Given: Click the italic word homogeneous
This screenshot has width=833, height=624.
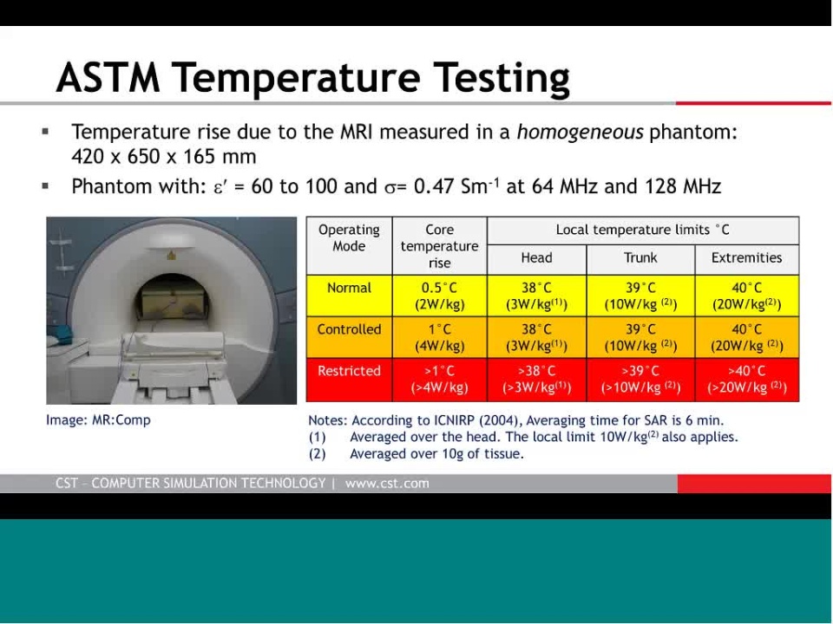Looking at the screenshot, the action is pyautogui.click(x=580, y=132).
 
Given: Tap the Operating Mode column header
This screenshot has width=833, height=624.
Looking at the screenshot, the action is pyautogui.click(x=349, y=237).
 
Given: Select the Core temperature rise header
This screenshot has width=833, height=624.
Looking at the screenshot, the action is pyautogui.click(x=439, y=246).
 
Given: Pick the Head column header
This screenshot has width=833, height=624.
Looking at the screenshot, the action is pyautogui.click(x=536, y=258).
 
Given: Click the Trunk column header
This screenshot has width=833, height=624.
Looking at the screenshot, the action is pyautogui.click(x=640, y=258).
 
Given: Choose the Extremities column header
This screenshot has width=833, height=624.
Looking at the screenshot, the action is pyautogui.click(x=746, y=258).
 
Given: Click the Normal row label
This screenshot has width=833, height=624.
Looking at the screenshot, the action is pyautogui.click(x=349, y=288).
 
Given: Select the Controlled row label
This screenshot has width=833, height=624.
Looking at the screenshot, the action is pyautogui.click(x=349, y=329).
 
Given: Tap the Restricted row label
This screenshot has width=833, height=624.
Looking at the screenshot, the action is pyautogui.click(x=349, y=371).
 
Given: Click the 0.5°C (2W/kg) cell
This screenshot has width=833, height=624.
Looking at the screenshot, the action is pyautogui.click(x=439, y=296).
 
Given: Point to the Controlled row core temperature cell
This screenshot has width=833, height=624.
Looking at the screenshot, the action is pyautogui.click(x=439, y=337).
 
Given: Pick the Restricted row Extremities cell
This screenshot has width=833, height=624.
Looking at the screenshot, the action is pyautogui.click(x=746, y=379).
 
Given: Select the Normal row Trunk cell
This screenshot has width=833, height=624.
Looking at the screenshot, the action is pyautogui.click(x=640, y=296).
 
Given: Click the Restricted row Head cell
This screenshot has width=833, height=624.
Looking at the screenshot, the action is pyautogui.click(x=536, y=379).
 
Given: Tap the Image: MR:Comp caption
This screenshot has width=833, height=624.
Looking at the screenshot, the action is pyautogui.click(x=98, y=420).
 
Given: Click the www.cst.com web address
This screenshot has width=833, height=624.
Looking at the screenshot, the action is pyautogui.click(x=387, y=484).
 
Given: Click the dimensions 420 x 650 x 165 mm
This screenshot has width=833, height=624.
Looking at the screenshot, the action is pyautogui.click(x=164, y=157).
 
